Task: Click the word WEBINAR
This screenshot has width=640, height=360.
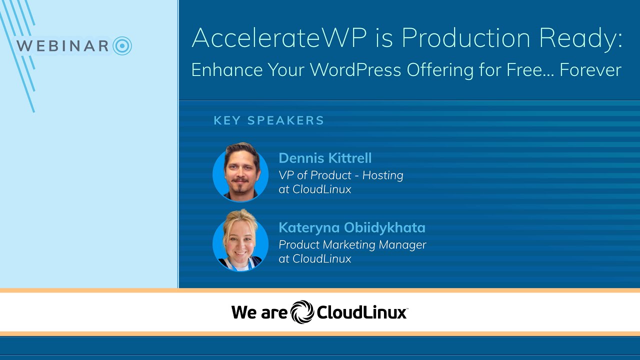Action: [x=62, y=46]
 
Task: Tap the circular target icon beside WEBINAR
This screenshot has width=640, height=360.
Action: [x=122, y=46]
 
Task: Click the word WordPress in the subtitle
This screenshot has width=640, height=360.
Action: [x=354, y=69]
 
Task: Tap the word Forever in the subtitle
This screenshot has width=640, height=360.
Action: [x=590, y=69]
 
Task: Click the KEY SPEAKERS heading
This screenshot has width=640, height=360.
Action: [x=269, y=120]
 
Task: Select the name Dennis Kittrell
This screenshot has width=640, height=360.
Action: [x=325, y=158]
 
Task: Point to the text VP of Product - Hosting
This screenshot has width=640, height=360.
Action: [x=340, y=175]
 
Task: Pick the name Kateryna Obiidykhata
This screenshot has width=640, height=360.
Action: [x=352, y=227]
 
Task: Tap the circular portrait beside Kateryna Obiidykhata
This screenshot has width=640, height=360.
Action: [x=240, y=242]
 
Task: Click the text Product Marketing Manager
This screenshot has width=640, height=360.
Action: [x=352, y=244]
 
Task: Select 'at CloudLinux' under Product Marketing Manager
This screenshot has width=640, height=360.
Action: [x=314, y=258]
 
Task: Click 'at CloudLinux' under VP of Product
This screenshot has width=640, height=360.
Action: [x=314, y=189]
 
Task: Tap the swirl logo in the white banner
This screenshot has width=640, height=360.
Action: [x=302, y=312]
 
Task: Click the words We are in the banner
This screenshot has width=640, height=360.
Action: [x=259, y=313]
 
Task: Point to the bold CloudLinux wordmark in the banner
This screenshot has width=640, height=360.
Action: [x=361, y=313]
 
